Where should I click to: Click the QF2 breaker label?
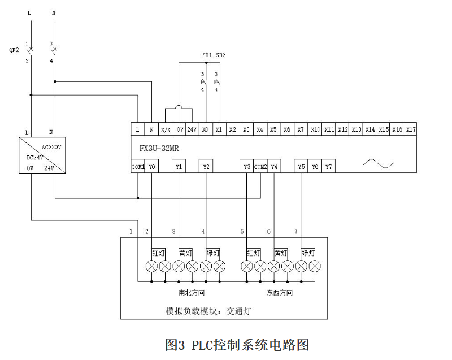[14, 50]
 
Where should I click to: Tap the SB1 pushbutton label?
[207, 55]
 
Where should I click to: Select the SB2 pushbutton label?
[221, 55]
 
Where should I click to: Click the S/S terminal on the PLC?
[166, 129]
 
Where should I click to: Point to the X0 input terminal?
[206, 129]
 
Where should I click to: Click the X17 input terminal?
[411, 129]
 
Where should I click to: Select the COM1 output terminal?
[138, 167]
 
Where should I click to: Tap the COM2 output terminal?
[260, 167]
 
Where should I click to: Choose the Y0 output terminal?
[152, 167]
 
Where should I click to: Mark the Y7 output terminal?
[329, 167]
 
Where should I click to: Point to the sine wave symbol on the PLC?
[378, 164]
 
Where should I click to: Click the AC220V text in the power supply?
[51, 146]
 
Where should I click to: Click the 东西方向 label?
[280, 293]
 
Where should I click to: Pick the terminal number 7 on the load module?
[295, 232]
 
